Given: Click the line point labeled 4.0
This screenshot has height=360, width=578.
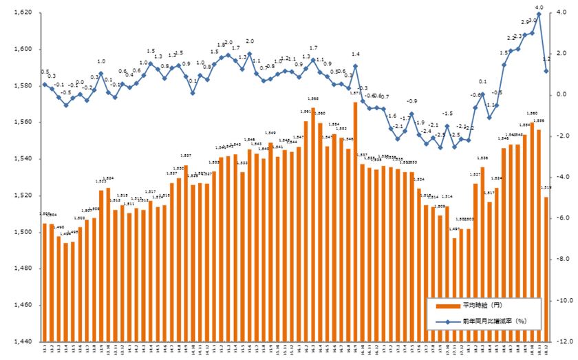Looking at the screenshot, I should click(x=539, y=14).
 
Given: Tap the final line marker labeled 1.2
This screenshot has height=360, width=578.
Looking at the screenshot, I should click(x=546, y=70).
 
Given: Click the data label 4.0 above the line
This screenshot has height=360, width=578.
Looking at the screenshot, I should click(x=539, y=8).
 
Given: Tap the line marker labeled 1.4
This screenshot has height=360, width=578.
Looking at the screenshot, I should click(x=355, y=66).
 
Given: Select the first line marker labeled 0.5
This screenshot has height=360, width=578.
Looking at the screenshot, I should click(x=45, y=85).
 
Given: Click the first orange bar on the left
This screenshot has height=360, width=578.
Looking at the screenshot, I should click(x=45, y=282).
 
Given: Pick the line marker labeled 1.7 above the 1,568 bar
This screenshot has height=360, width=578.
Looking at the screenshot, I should click(x=313, y=60).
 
